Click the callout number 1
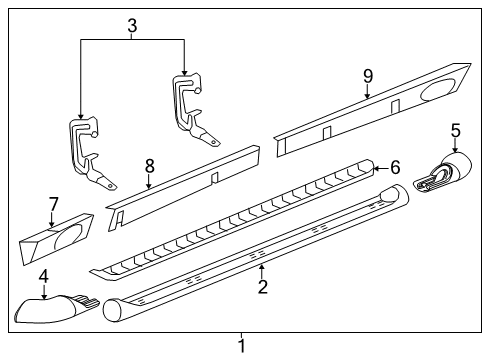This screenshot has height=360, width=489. pos(241,347)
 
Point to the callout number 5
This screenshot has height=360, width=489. pos(455,129)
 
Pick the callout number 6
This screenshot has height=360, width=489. pos(394,168)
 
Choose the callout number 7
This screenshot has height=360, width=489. pos(54,205)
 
